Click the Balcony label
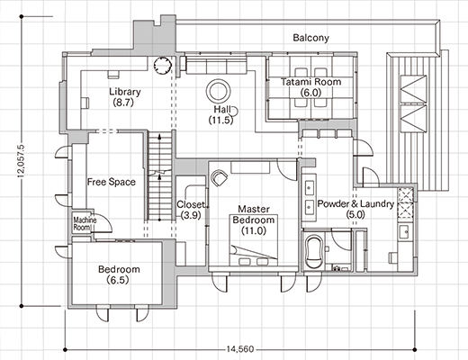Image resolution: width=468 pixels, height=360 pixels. click(x=310, y=38)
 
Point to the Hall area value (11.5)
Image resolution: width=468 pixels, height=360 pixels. click(x=220, y=120)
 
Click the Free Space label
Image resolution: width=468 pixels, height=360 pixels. click(x=112, y=182)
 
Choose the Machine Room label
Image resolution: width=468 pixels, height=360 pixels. click(x=85, y=224)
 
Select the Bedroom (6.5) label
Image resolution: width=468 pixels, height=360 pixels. click(x=119, y=274)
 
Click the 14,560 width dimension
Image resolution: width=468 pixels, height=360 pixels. click(x=240, y=349)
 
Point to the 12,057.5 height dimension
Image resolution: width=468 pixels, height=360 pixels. click(x=21, y=161)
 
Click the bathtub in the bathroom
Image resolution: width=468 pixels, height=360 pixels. click(x=313, y=252)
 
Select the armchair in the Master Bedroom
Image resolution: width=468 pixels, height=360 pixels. click(x=219, y=177)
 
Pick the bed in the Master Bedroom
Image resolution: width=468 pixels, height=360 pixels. click(x=254, y=240)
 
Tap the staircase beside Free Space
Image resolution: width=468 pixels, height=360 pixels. click(x=159, y=176)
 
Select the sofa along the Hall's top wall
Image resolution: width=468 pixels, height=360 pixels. click(x=216, y=65)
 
